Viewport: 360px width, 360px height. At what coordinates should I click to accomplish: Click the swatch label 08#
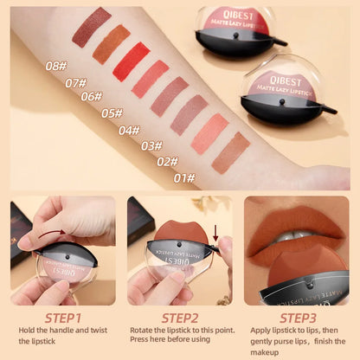tap(56, 65)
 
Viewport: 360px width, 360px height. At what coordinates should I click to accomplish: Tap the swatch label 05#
tap(112, 112)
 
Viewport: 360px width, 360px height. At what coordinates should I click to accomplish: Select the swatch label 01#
tap(183, 178)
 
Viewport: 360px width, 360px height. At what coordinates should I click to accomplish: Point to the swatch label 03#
tap(151, 146)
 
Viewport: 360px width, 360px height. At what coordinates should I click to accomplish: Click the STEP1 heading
tap(63, 317)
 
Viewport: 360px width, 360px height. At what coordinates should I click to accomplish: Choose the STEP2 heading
tap(181, 317)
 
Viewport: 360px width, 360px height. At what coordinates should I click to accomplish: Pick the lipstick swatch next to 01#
tap(230, 152)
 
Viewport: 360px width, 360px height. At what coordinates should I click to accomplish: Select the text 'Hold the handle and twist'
tap(63, 332)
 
